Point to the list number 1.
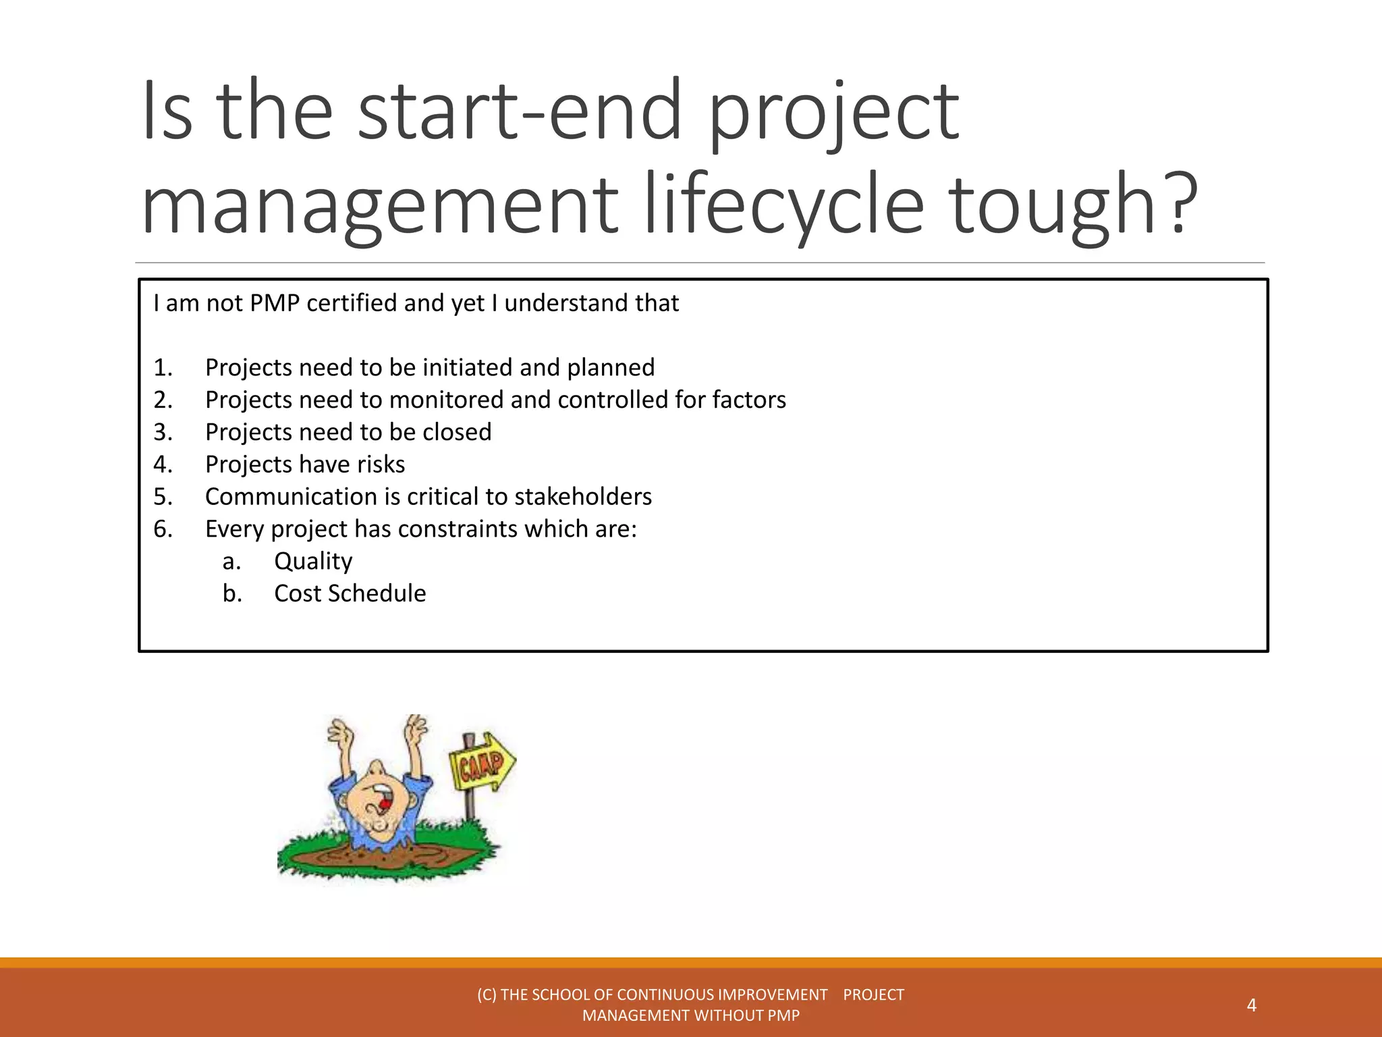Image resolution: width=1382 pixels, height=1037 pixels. point(163,368)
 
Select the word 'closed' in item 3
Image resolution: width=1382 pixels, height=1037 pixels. point(457,432)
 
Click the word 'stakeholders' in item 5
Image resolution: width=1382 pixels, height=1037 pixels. point(583,497)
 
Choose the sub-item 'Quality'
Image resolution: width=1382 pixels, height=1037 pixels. point(313,562)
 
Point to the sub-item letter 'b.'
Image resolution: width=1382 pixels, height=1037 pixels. point(232,593)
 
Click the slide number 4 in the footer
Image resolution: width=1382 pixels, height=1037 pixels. point(1251,1005)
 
